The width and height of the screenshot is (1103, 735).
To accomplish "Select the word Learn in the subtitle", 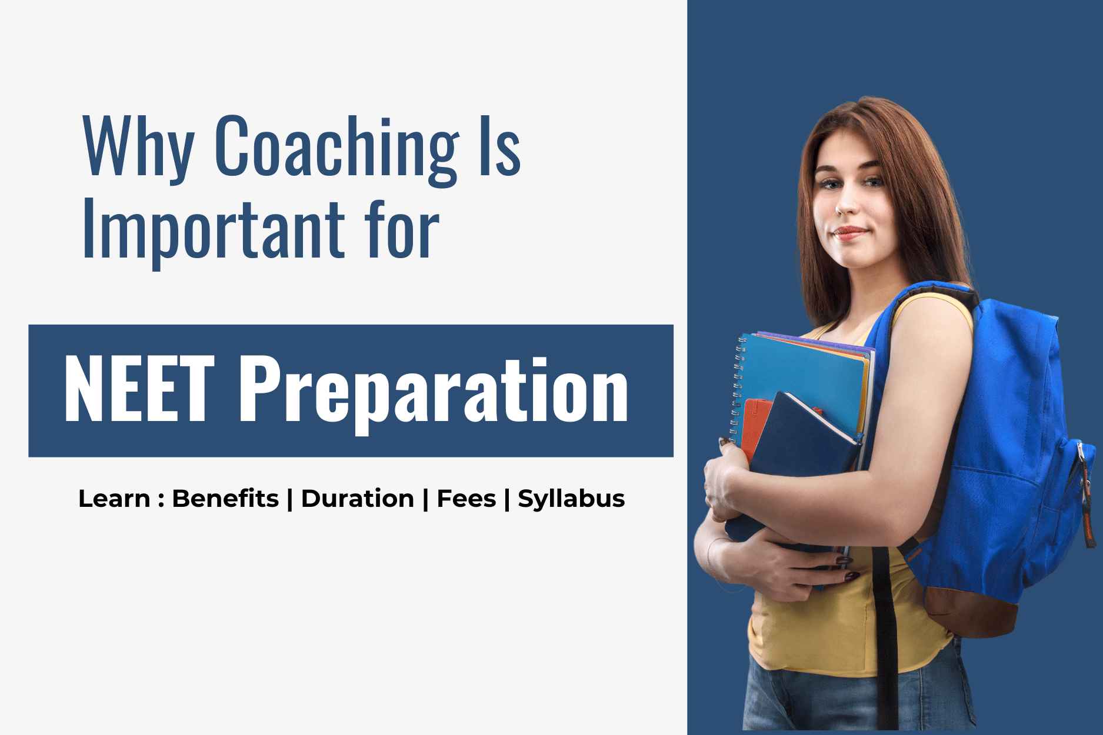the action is click(114, 499).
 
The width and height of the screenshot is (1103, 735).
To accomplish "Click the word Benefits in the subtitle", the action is click(225, 499).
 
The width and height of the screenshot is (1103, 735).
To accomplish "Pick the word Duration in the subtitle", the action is click(357, 499).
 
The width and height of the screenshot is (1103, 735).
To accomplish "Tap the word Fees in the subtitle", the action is click(466, 499).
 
